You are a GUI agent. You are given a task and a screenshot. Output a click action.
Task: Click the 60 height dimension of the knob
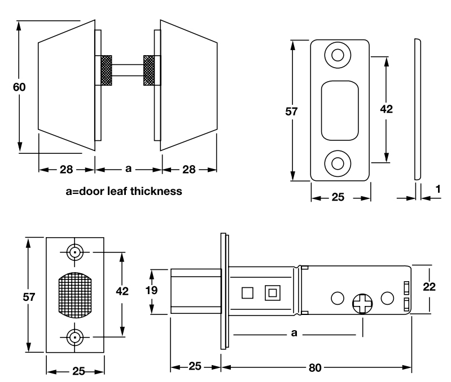19,87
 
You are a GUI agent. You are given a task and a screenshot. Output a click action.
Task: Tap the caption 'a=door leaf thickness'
124,192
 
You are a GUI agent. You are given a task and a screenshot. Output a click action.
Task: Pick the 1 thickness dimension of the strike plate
439,190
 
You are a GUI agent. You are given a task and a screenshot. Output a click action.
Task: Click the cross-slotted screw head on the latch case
361,304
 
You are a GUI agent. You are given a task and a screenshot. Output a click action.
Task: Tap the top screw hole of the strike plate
338,55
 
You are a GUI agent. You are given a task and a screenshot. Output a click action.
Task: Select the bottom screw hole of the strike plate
338,163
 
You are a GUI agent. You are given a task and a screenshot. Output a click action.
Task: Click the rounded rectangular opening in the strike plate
340,109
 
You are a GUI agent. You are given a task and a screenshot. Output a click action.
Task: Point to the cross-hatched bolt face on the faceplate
74,295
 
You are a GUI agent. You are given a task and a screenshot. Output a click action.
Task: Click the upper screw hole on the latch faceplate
74,253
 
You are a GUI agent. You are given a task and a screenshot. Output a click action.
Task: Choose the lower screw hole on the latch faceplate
74,338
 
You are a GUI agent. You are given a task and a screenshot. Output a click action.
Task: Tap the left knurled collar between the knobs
106,70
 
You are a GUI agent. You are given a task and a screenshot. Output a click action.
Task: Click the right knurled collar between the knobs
150,70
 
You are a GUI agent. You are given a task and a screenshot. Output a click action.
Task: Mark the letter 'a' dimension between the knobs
128,168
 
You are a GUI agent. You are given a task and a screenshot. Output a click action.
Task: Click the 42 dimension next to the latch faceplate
121,291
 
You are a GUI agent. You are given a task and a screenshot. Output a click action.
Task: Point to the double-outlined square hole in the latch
273,293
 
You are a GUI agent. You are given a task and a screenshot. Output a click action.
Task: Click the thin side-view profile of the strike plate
417,110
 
